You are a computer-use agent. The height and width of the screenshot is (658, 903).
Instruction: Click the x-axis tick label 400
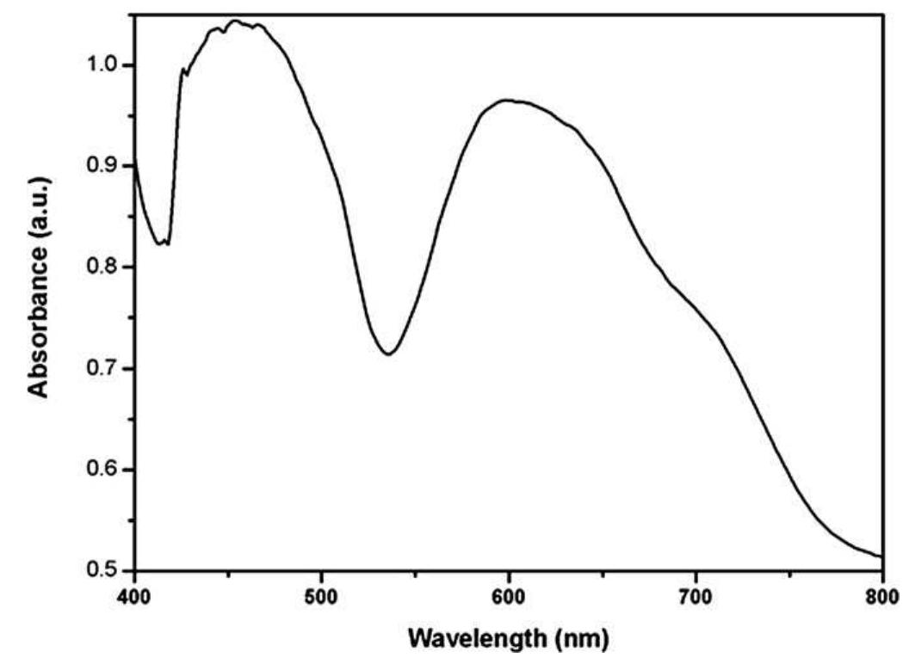click(x=133, y=594)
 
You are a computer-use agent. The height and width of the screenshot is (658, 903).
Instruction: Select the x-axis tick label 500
click(x=321, y=594)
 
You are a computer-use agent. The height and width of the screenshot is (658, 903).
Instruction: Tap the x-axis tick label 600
click(x=509, y=594)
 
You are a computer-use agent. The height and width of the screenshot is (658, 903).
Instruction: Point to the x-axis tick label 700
click(x=696, y=594)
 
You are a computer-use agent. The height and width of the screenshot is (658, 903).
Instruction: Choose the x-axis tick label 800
click(x=881, y=594)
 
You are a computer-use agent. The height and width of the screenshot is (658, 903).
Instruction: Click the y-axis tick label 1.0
click(x=103, y=65)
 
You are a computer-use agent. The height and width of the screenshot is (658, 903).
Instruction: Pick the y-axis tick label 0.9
click(x=103, y=166)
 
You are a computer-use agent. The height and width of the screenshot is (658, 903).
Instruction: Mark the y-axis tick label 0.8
click(x=103, y=268)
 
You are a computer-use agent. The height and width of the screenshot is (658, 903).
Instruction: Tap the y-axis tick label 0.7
click(x=103, y=369)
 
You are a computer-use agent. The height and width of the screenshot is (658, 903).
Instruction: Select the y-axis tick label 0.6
click(x=103, y=470)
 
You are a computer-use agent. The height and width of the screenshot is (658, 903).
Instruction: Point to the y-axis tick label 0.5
click(x=103, y=571)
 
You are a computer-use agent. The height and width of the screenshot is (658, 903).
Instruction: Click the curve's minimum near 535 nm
click(x=389, y=354)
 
